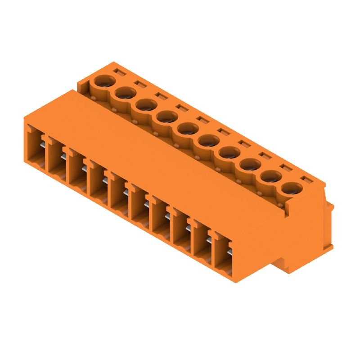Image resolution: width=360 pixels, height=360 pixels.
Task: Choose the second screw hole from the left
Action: pyautogui.click(x=126, y=93)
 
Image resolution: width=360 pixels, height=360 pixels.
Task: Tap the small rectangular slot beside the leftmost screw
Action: pyautogui.click(x=118, y=72)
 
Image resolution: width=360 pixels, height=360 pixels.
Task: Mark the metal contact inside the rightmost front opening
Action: pyautogui.click(x=229, y=254)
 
